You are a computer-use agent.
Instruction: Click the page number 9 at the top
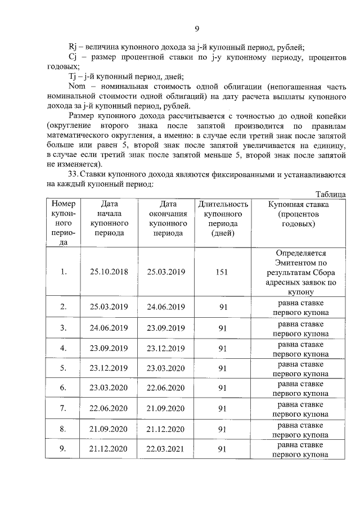[x=197, y=29]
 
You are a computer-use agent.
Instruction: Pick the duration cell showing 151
[x=222, y=272]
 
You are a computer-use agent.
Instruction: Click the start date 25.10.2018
[x=109, y=272]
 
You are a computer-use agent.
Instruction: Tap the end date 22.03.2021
[x=166, y=448]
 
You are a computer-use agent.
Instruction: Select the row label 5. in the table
[x=64, y=368]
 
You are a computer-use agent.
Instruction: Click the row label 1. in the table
[x=64, y=272]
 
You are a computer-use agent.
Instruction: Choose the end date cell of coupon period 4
[x=166, y=348]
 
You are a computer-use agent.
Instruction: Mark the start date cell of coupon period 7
[x=109, y=408]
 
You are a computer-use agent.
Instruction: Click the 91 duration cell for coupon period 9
[x=222, y=449]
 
